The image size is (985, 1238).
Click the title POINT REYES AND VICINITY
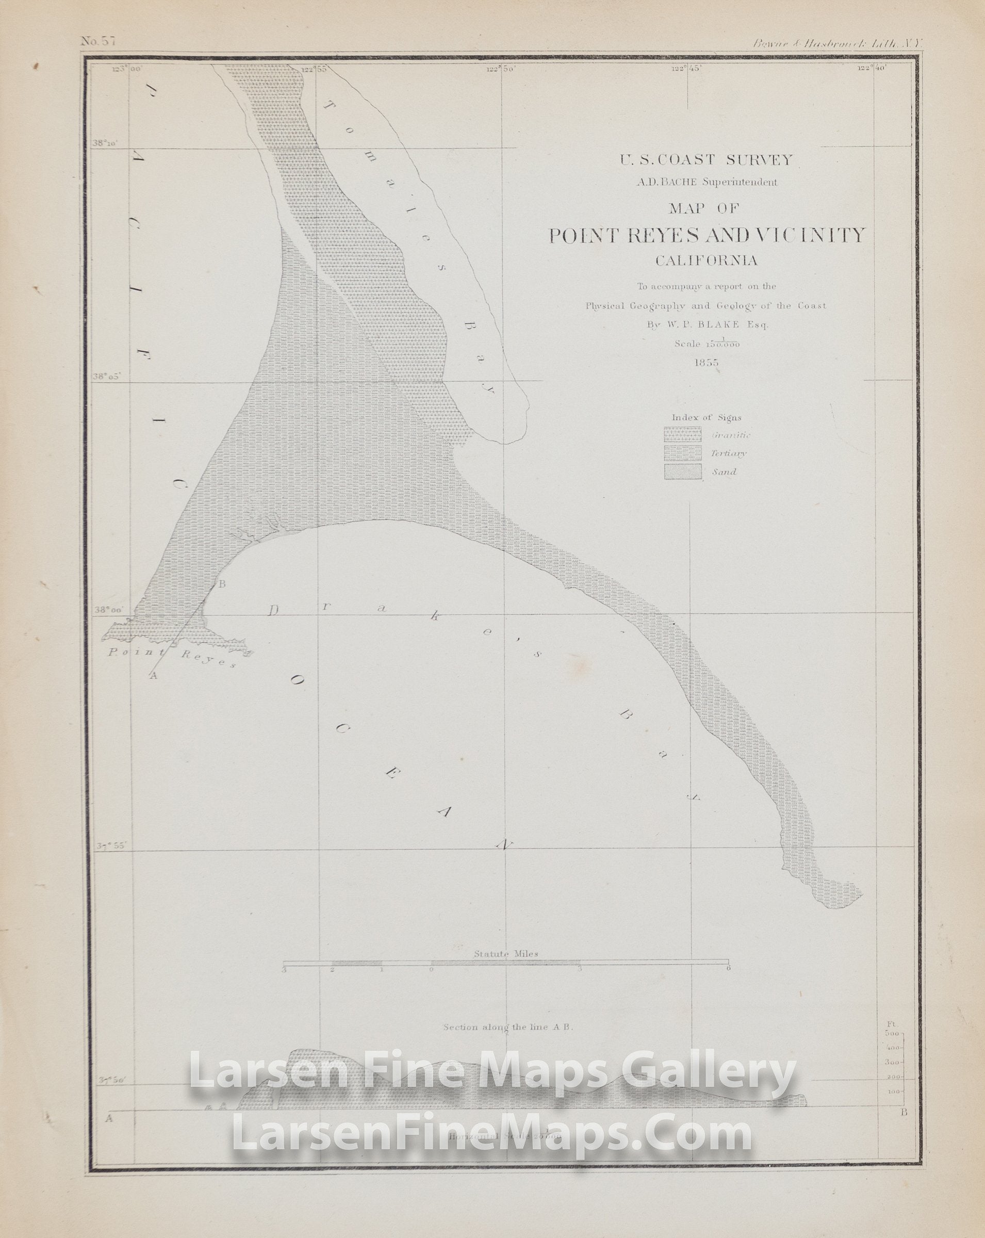706,235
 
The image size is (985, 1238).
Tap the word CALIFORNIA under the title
706,260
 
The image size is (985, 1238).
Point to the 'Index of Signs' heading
706,417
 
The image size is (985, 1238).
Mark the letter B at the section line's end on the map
222,584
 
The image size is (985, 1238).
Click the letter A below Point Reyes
153,676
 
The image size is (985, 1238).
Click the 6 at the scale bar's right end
728,969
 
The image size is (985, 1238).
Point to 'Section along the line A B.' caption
508,1027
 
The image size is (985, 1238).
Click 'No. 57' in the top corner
97,41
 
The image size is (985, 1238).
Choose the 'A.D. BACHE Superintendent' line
706,182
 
